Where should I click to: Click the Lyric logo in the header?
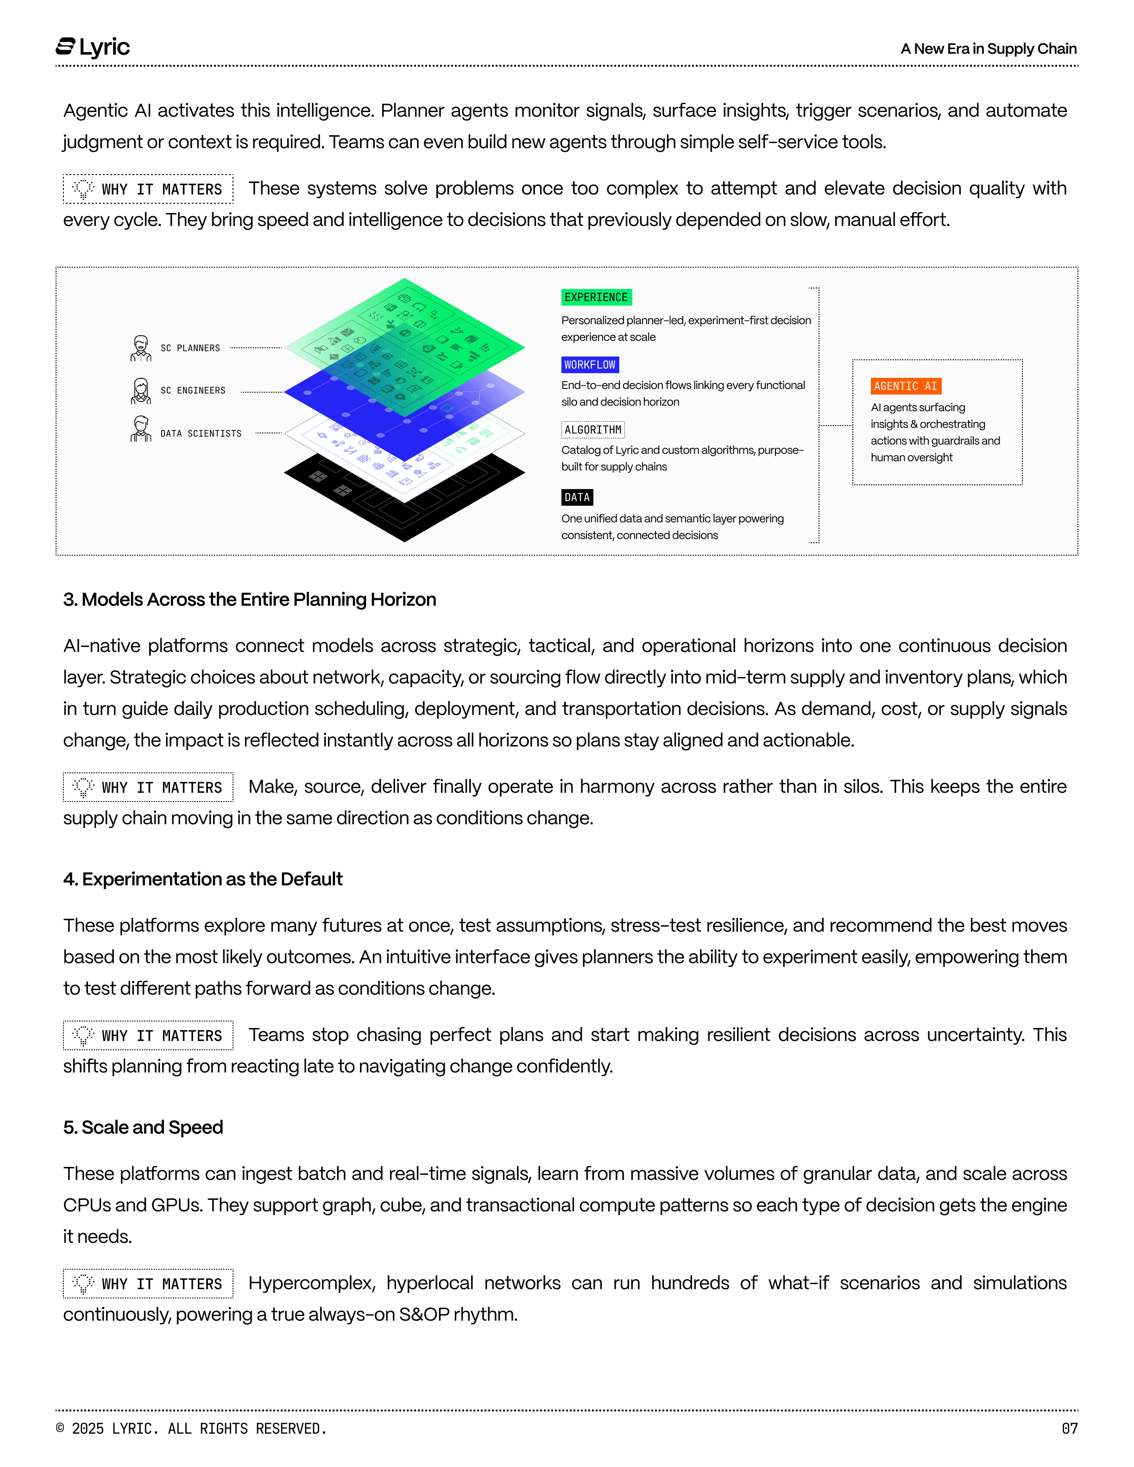(93, 47)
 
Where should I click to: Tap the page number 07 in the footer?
(1069, 1429)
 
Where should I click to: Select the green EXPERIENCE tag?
(596, 297)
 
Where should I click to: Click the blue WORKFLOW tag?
(590, 365)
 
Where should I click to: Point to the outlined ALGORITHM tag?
(592, 430)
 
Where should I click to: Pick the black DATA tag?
(577, 497)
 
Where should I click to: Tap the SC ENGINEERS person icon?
(140, 391)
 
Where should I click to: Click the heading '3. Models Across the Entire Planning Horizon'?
(249, 599)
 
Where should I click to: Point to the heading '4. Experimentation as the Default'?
(203, 879)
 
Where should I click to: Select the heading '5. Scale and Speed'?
(143, 1127)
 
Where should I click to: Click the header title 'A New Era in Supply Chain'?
(988, 48)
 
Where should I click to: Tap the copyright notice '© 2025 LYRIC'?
(191, 1429)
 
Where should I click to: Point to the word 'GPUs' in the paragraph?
(176, 1205)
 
